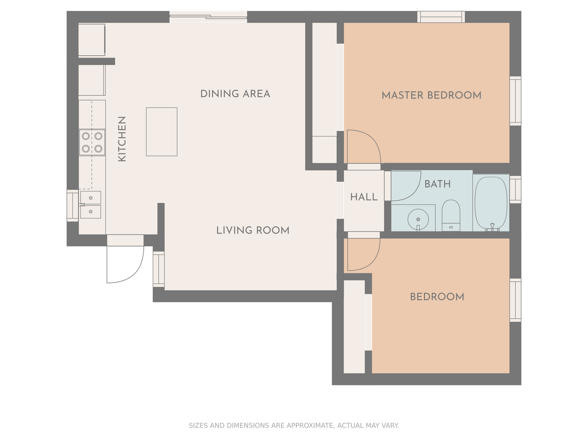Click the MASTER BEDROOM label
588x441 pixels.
pyautogui.click(x=431, y=95)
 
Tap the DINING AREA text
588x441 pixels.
pyautogui.click(x=235, y=94)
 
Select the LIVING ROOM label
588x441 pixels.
pyautogui.click(x=253, y=230)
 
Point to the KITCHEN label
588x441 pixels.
pyautogui.click(x=122, y=139)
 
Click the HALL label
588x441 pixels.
pyautogui.click(x=364, y=197)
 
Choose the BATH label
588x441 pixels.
pyautogui.click(x=437, y=184)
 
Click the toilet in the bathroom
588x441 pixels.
pyautogui.click(x=451, y=215)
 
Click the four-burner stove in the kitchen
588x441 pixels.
pyautogui.click(x=92, y=143)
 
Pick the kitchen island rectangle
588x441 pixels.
pyautogui.click(x=162, y=132)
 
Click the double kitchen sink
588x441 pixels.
pyautogui.click(x=91, y=205)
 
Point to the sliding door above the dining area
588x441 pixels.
pyautogui.click(x=208, y=17)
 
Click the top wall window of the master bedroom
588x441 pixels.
pyautogui.click(x=441, y=17)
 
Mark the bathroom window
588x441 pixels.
pyautogui.click(x=515, y=189)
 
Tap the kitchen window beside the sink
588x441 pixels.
pyautogui.click(x=73, y=206)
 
